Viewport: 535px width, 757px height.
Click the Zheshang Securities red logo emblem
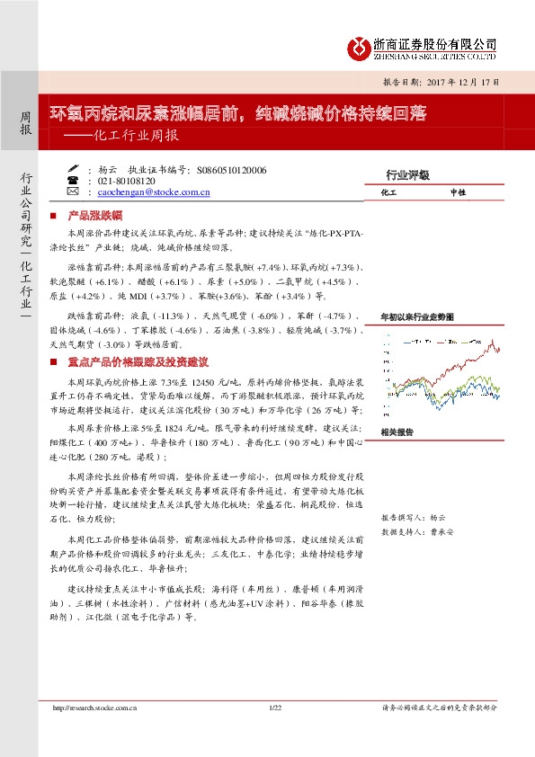point(360,46)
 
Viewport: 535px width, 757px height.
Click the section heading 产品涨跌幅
point(101,217)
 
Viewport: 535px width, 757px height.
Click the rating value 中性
point(457,193)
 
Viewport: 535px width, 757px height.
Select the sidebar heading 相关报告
point(396,432)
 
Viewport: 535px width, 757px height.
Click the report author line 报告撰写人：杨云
point(414,544)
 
